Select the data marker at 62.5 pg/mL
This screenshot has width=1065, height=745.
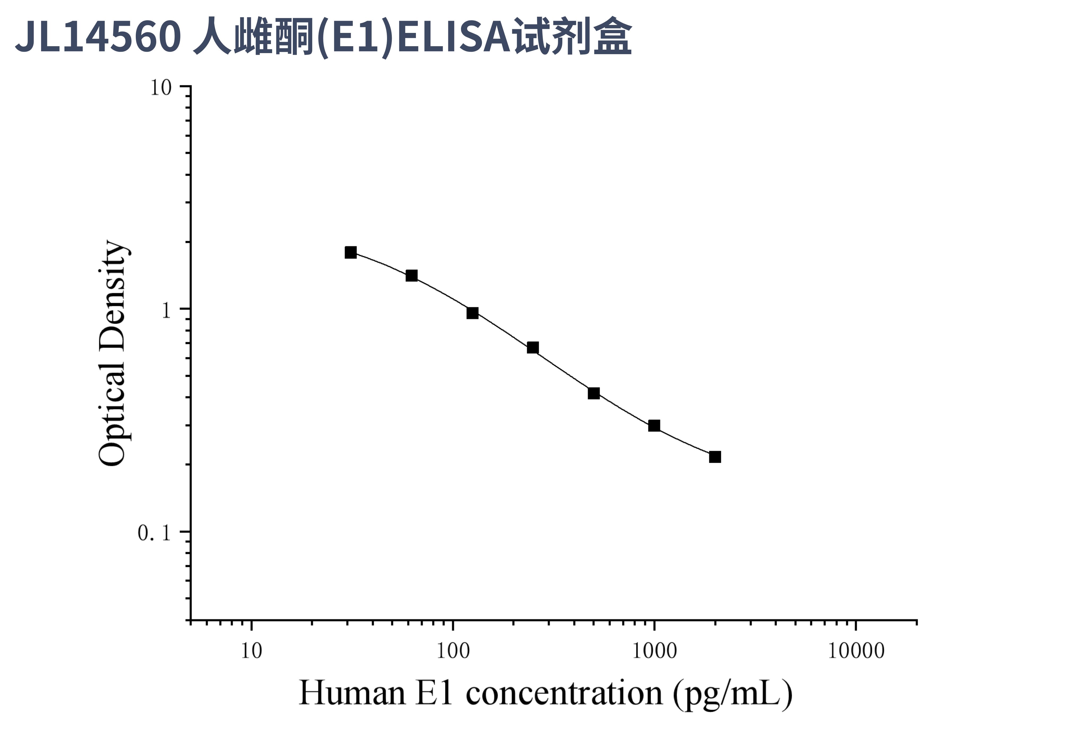pyautogui.click(x=411, y=276)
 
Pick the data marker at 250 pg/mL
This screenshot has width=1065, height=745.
pyautogui.click(x=533, y=348)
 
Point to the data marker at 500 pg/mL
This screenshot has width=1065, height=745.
pyautogui.click(x=594, y=393)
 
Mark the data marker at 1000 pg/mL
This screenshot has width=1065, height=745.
pyautogui.click(x=654, y=426)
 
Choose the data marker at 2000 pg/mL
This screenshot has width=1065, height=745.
pyautogui.click(x=715, y=457)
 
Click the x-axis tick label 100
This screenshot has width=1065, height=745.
pyautogui.click(x=453, y=651)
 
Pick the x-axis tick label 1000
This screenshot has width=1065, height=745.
pyautogui.click(x=654, y=651)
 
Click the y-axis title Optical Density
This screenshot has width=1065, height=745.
pyautogui.click(x=113, y=353)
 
